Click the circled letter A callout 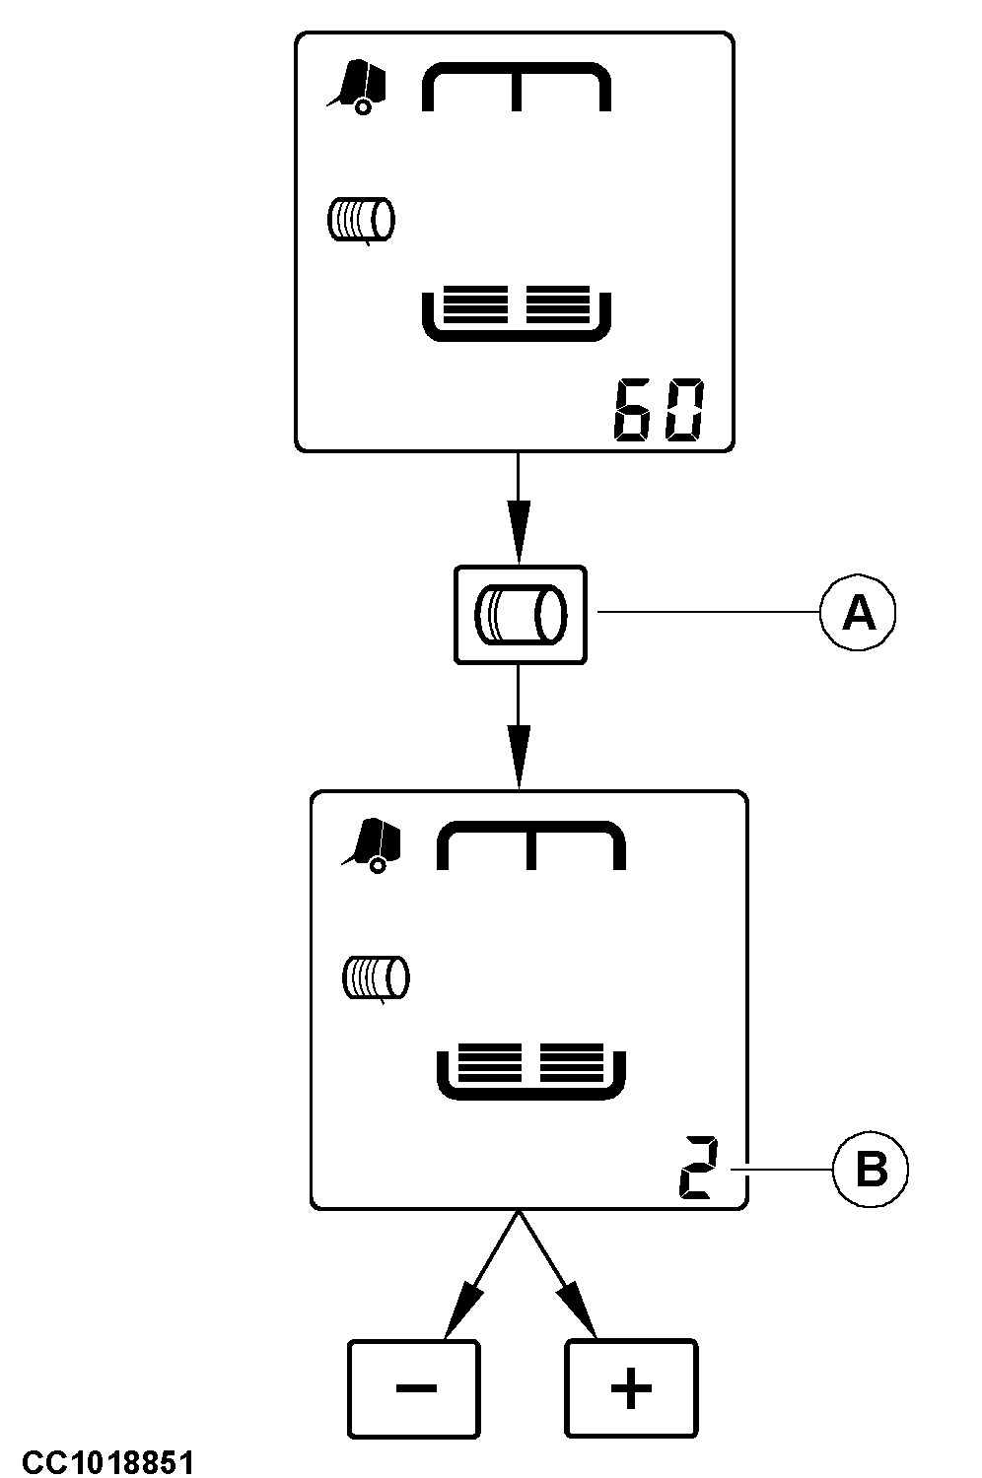(x=857, y=613)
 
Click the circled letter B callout (x=871, y=1170)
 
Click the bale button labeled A (x=520, y=614)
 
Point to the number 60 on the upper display (x=658, y=410)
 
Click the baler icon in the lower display (x=371, y=845)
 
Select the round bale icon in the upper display (x=361, y=220)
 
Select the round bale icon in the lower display (x=376, y=978)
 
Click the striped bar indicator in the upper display (x=517, y=313)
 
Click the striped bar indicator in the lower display (x=531, y=1071)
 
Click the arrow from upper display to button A (x=519, y=507)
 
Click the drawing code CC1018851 (x=109, y=1461)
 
